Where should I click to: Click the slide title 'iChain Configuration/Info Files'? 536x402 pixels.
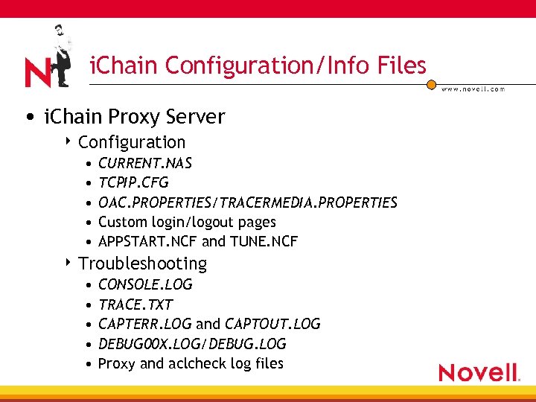coord(258,66)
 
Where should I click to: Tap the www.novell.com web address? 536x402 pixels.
coord(473,89)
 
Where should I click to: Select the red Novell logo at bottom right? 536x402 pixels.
coord(478,372)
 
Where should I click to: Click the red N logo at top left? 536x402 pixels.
coord(37,73)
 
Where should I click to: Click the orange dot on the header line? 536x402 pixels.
coord(431,85)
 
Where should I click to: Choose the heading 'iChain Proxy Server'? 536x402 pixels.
coord(134,117)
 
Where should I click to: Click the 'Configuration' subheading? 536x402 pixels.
coord(131,142)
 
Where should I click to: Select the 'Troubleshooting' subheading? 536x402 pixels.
coord(142,264)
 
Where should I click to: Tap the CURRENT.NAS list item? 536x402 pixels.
coord(145,163)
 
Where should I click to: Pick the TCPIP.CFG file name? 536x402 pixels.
coord(133,182)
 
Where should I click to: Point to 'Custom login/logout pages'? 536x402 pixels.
coord(187,222)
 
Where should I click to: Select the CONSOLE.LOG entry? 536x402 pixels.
coord(145,284)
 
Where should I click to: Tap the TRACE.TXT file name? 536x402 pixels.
coord(135,304)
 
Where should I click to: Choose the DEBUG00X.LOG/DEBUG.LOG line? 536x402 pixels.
coord(192,344)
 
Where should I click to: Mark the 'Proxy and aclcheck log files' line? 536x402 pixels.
coord(191,363)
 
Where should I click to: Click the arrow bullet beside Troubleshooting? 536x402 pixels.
coord(69,263)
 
